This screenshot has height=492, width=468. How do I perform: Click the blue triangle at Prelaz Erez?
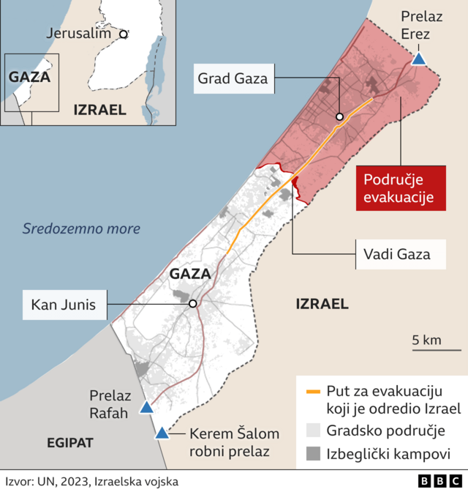(x=419, y=59)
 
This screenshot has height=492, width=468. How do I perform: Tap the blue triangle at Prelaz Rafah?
(x=147, y=407)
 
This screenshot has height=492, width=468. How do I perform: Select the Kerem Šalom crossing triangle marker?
(x=162, y=433)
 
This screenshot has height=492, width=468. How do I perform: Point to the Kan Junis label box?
(x=64, y=303)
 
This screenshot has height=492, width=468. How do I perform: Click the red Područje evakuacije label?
(x=400, y=188)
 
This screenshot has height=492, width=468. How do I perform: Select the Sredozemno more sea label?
(x=80, y=229)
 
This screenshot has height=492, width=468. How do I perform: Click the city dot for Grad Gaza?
(x=340, y=116)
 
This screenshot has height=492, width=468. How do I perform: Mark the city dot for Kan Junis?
(x=192, y=303)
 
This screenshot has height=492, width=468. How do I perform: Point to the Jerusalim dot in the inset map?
(x=124, y=33)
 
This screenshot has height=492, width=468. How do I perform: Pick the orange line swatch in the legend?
(x=313, y=392)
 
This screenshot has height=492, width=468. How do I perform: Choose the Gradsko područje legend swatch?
(x=313, y=430)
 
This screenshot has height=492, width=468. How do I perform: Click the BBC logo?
(x=437, y=480)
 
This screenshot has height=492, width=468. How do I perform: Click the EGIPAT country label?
(x=71, y=443)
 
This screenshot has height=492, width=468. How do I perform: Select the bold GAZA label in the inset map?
(x=30, y=77)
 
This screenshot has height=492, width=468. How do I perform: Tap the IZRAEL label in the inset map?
(x=100, y=110)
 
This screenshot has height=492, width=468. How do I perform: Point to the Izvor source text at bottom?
(x=91, y=481)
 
